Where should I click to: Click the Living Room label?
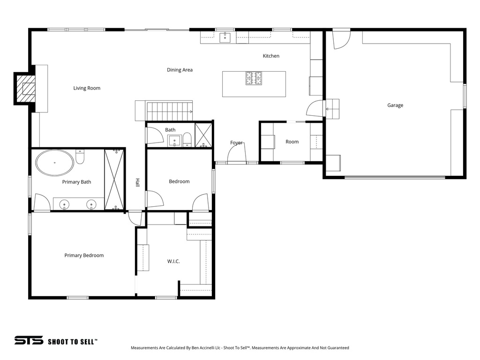tap(87, 88)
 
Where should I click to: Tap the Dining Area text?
tap(180, 70)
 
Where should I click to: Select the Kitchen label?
tap(271, 56)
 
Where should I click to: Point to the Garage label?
tap(395, 105)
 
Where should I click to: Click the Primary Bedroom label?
tap(84, 255)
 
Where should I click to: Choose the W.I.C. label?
tap(173, 261)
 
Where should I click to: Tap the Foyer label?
tap(236, 142)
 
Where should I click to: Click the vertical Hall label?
tap(138, 183)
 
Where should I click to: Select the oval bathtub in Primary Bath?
tap(55, 163)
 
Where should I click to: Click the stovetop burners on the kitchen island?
tap(254, 78)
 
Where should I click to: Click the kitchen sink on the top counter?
tap(225, 37)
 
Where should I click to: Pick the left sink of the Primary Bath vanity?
tap(65, 204)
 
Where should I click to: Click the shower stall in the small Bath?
tap(203, 135)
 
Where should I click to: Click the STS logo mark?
tap(29, 341)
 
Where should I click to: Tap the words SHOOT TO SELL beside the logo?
tap(72, 342)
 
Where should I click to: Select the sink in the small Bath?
tap(175, 140)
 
